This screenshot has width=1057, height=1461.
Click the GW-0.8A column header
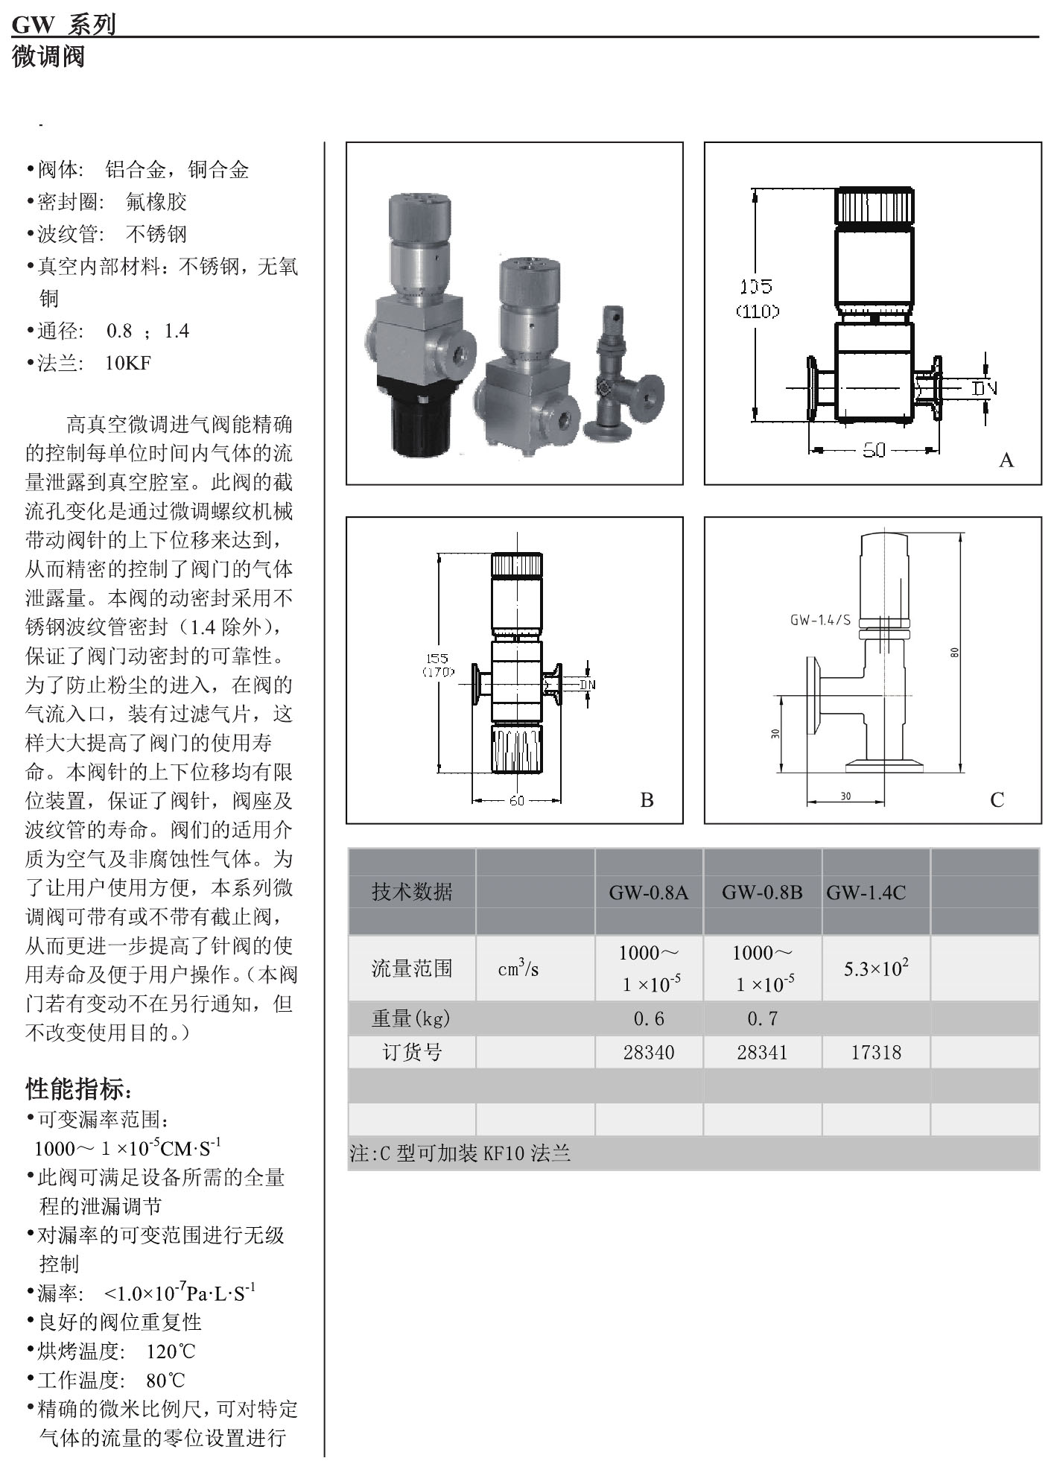pos(648,892)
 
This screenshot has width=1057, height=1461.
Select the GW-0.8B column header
pos(762,892)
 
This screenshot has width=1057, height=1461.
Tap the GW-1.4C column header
pos(866,892)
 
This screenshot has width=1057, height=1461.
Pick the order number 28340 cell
pos(648,1052)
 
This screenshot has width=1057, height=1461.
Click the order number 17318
pos(876,1052)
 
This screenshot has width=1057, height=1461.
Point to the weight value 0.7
pos(762,1018)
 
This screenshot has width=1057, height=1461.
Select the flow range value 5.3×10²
pos(876,968)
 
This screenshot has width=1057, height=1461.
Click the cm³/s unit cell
pos(518,968)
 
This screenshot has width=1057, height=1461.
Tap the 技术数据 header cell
pos(411,892)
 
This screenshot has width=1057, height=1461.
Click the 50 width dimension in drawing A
pos(874,450)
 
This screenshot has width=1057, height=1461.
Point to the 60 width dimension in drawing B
pos(516,800)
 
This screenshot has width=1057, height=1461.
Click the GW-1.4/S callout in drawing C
pos(819,619)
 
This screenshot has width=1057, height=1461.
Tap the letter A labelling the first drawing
pos(1006,460)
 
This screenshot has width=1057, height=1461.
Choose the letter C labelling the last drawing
pos(997,799)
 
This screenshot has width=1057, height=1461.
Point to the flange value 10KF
pos(127,363)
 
